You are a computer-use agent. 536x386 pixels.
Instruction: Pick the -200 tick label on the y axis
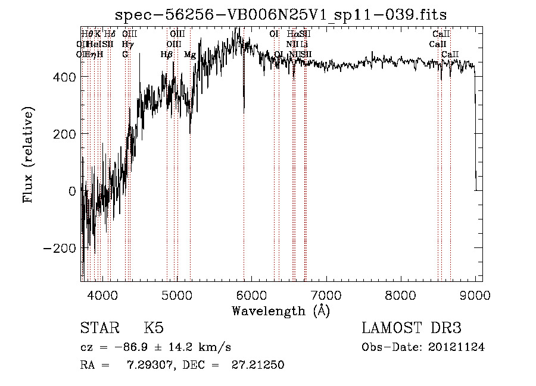point(60,248)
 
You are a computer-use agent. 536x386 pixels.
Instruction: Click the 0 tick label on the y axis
point(72,191)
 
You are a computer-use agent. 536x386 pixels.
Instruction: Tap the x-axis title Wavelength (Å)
point(281,310)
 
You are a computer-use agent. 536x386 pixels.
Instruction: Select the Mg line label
point(190,55)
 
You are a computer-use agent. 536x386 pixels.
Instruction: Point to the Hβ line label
point(167,55)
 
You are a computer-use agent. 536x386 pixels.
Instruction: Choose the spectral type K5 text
point(154,328)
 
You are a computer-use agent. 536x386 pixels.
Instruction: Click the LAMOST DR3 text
point(411,328)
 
